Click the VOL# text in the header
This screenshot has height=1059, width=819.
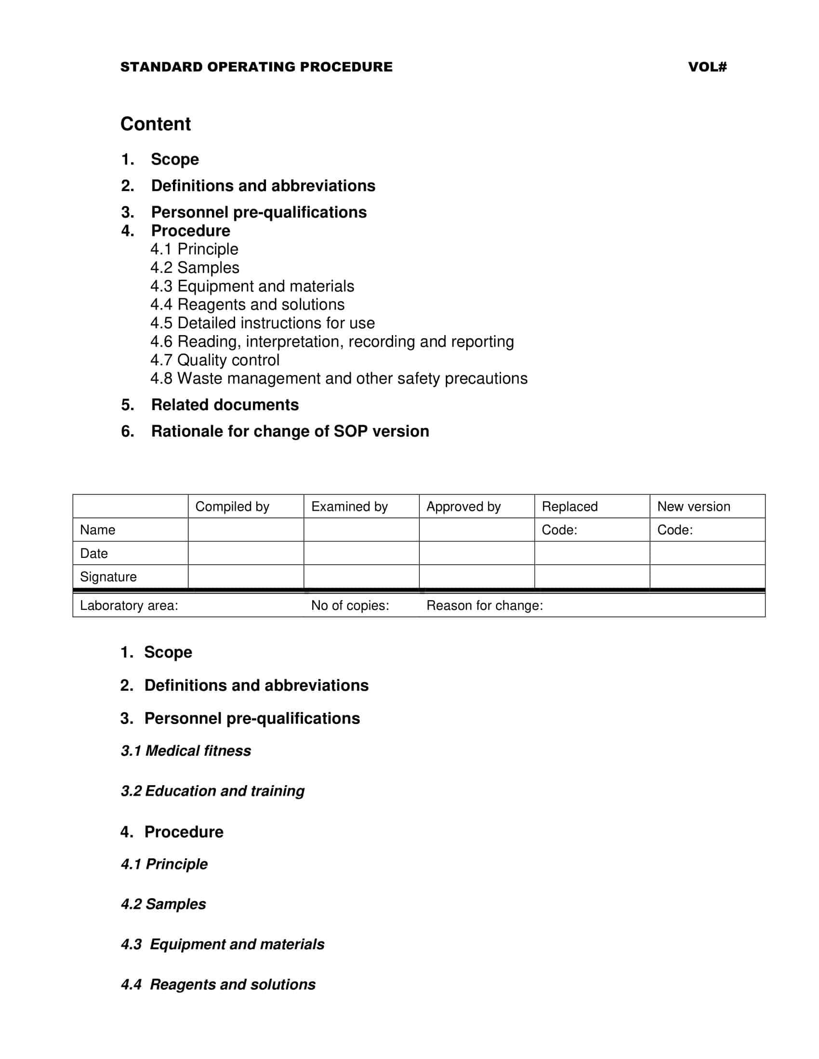coord(707,67)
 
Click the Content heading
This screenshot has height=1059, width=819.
coord(155,124)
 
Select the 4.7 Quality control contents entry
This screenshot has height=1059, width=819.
coord(214,360)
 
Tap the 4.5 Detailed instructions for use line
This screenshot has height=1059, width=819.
coord(262,323)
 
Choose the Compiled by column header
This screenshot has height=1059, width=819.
coord(232,507)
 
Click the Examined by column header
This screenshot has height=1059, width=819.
coord(349,507)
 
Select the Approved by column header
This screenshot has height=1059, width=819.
coord(463,507)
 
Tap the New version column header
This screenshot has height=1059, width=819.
coord(693,507)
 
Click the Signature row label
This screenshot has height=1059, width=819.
coord(108,577)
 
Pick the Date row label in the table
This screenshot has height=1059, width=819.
coord(93,554)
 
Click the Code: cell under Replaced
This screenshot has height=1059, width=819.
coord(559,530)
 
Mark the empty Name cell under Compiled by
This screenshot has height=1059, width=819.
coord(246,530)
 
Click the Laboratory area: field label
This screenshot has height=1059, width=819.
coord(129,606)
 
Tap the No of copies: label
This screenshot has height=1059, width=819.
coord(350,606)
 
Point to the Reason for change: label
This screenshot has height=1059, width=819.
coord(485,606)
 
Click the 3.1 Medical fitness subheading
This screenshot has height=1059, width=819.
coord(186,751)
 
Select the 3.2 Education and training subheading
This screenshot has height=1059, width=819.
coord(212,791)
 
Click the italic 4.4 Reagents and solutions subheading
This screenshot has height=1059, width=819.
coord(218,985)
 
